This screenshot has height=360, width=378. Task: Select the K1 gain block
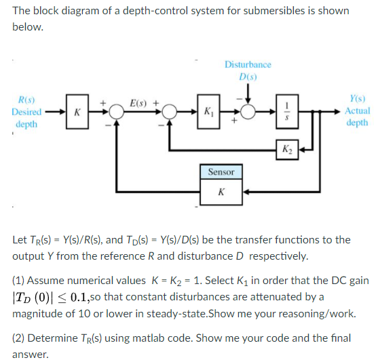pos(207,111)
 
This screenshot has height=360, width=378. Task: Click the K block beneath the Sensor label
pos(221,191)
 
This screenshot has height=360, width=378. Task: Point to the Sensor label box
pos(221,172)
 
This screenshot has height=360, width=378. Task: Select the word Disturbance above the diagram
pos(248,64)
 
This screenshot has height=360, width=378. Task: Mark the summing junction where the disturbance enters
pos(248,111)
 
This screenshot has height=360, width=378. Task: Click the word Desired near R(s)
pos(26,111)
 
